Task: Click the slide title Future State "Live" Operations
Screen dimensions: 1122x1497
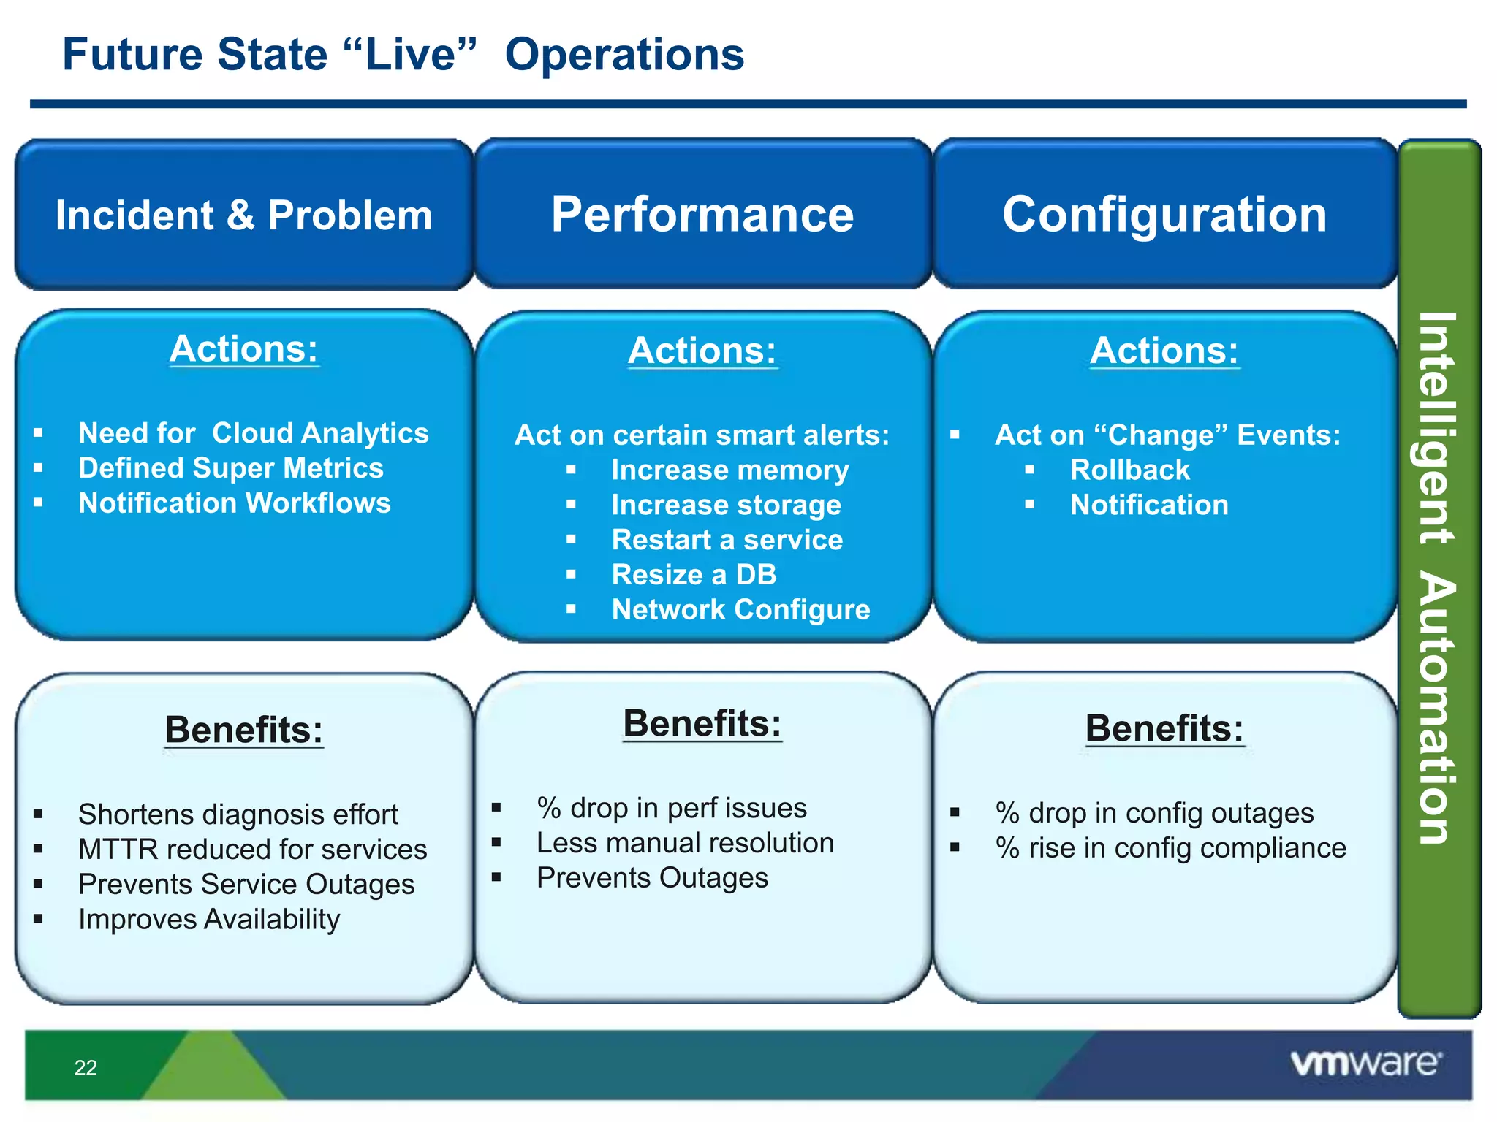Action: (403, 55)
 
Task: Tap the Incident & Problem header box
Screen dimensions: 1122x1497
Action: (243, 215)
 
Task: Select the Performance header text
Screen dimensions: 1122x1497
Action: (702, 215)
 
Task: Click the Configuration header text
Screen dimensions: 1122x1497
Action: (1164, 215)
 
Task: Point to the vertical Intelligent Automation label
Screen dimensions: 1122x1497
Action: (1437, 577)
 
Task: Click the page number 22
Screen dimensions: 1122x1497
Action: (86, 1068)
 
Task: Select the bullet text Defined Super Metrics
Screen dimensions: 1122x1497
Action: (230, 468)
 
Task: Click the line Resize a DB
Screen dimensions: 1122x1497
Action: (694, 575)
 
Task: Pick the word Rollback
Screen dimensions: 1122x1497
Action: (1129, 470)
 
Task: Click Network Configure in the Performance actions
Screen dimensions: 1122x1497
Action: (740, 610)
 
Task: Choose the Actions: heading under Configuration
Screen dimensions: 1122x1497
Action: (1164, 351)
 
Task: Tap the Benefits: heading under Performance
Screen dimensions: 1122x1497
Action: (702, 724)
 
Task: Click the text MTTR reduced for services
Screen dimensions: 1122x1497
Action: (252, 850)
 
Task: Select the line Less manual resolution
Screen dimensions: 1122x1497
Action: (685, 843)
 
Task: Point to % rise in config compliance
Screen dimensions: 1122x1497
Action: (1170, 848)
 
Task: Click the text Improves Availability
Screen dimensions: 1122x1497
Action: (209, 920)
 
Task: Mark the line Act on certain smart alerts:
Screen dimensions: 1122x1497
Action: (702, 435)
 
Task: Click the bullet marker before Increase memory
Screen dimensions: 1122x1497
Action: (571, 470)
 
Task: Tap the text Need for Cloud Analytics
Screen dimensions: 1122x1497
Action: (253, 433)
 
